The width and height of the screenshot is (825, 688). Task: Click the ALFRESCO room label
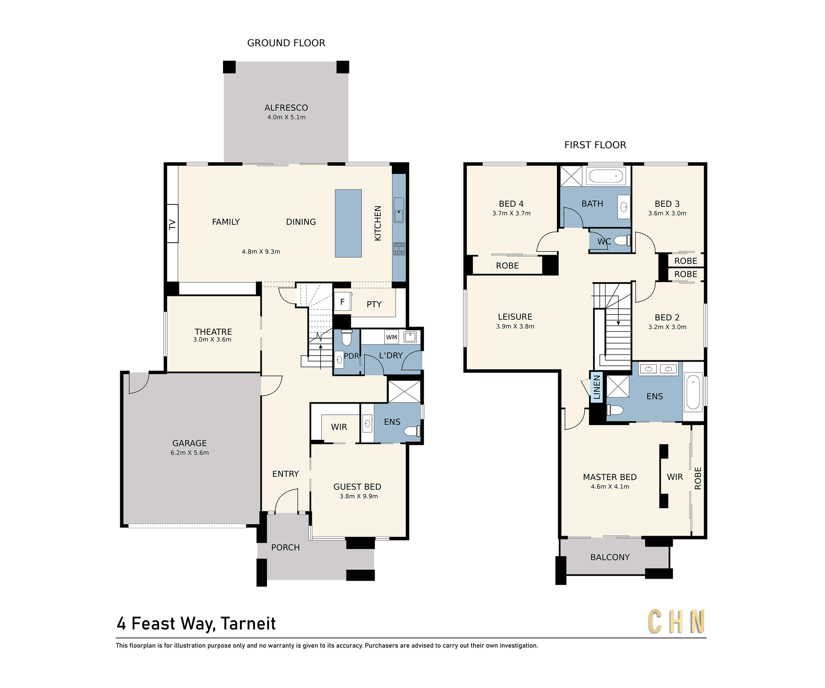286,108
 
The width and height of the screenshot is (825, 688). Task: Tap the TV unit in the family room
172,224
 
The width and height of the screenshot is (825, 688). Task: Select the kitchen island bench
348,223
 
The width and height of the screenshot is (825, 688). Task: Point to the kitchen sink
399,210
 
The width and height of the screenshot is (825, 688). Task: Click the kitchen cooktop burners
399,248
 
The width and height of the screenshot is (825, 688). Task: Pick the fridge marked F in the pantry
342,302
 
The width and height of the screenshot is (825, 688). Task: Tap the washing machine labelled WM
391,337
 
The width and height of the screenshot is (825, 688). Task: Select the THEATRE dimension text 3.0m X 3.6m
212,340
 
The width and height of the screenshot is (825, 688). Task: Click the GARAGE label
190,443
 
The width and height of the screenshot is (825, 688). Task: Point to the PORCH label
285,548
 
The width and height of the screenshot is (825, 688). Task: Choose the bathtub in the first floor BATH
606,176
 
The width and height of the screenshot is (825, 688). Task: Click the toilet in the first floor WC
622,241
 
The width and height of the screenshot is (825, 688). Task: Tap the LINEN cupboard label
596,387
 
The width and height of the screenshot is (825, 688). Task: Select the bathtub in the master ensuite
693,392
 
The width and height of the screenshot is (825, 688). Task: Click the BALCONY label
610,558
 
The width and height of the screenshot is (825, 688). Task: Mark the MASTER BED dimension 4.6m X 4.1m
610,487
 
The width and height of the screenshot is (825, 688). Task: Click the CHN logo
676,622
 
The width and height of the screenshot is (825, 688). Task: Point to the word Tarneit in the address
248,624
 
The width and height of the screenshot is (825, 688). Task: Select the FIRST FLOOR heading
595,145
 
